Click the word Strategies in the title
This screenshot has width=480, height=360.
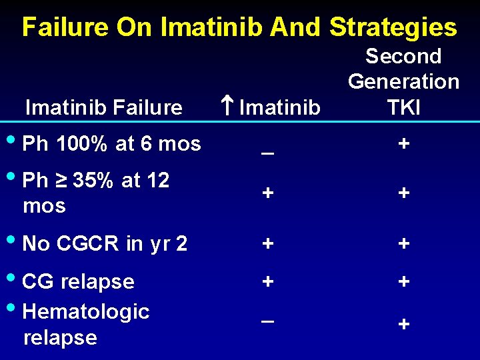coord(393,27)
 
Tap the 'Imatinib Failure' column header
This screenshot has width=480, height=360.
coord(103,107)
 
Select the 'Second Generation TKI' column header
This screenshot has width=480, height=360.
coord(403,81)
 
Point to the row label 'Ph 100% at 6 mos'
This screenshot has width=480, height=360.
coord(111,143)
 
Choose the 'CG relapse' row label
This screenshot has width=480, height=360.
coord(78,281)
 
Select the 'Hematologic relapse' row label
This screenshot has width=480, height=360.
coord(85,324)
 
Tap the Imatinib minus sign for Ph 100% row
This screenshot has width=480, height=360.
coord(267,151)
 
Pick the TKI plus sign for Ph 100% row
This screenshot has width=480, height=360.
coord(403,144)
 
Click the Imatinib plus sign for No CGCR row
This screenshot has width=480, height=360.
coord(267,243)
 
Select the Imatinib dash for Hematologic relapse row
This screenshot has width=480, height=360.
coord(267,320)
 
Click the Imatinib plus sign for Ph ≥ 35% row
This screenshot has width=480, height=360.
coord(267,193)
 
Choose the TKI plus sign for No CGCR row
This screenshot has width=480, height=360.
coord(403,243)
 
